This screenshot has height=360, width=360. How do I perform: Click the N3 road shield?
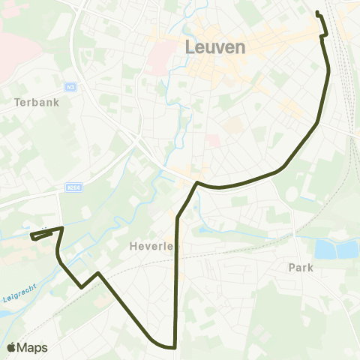(x=70, y=86)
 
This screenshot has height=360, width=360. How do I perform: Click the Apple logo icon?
(x=10, y=348)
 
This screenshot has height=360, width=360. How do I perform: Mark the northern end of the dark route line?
(x=317, y=13)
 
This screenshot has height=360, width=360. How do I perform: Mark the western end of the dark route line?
(x=31, y=237)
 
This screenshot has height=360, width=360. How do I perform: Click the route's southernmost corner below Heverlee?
(x=174, y=348)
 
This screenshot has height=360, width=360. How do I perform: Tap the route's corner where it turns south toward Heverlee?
(x=196, y=182)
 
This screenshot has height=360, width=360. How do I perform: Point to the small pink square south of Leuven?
(x=213, y=140)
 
